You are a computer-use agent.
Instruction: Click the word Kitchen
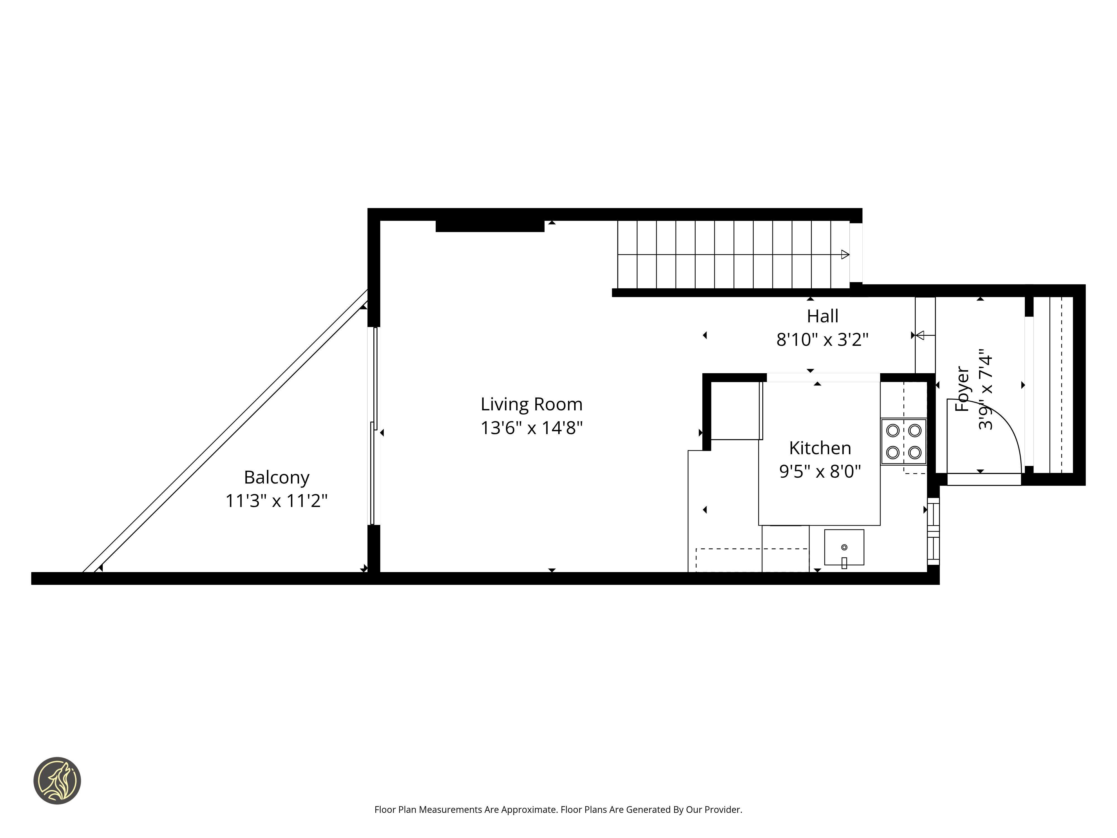click(820, 448)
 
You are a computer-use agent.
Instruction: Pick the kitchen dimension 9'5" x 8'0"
click(820, 471)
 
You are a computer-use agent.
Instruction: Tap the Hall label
click(823, 316)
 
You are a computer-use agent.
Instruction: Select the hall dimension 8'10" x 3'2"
click(823, 339)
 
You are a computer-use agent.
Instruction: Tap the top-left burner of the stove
click(893, 430)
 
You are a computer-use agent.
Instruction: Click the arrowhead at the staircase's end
click(845, 254)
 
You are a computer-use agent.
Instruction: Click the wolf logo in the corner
click(57, 780)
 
